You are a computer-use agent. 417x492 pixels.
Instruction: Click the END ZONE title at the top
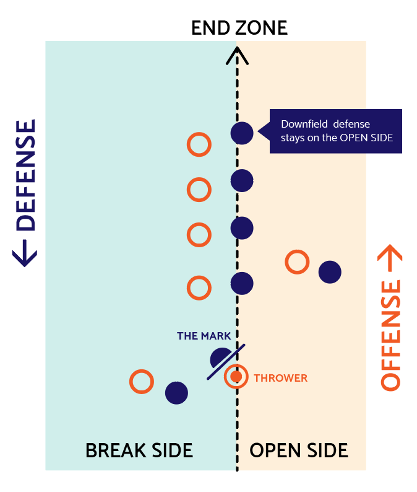[239, 28]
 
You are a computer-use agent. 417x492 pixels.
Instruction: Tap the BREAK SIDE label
[139, 450]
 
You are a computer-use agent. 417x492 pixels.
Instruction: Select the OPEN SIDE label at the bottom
[299, 450]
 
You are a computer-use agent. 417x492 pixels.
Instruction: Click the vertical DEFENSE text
[25, 192]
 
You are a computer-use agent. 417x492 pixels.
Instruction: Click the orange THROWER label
[280, 377]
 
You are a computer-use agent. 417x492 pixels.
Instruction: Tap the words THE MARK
[204, 336]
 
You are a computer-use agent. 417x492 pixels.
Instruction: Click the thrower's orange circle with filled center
[236, 376]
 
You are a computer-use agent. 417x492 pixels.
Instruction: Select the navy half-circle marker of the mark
[220, 359]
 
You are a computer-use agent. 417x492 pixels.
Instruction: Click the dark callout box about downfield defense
[335, 131]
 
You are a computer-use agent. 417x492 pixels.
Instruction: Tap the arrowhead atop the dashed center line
[236, 56]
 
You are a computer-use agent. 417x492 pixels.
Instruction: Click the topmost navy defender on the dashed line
[242, 133]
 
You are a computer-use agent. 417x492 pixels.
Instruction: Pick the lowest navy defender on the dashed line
[242, 284]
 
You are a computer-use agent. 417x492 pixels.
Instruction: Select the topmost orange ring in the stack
[199, 144]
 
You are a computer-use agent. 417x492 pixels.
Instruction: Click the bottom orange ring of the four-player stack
[199, 288]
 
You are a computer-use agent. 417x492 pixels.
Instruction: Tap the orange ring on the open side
[297, 261]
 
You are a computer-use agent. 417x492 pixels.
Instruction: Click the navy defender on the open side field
[330, 272]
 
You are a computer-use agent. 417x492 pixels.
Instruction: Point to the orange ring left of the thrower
[141, 382]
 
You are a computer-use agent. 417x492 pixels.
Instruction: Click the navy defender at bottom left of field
[176, 392]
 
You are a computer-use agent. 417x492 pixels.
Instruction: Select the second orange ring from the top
[199, 190]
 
